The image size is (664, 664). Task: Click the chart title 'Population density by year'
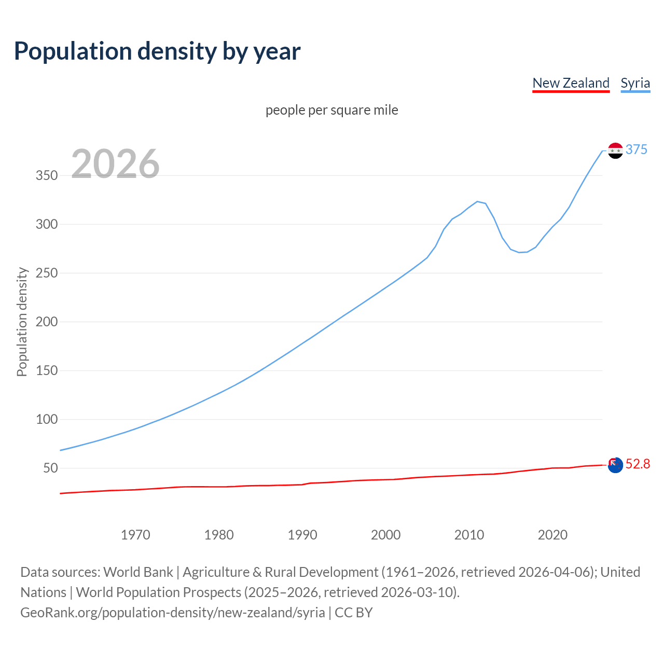pyautogui.click(x=157, y=51)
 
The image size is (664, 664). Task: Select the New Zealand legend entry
pyautogui.click(x=571, y=83)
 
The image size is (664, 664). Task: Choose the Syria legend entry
pyautogui.click(x=635, y=83)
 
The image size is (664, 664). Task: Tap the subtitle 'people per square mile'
pyautogui.click(x=332, y=110)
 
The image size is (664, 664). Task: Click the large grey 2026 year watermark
pyautogui.click(x=115, y=164)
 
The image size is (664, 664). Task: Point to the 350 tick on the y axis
pyautogui.click(x=47, y=175)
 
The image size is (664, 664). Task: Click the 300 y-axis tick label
pyautogui.click(x=47, y=224)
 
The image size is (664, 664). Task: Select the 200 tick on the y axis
pyautogui.click(x=47, y=322)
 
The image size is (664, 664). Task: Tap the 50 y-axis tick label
pyautogui.click(x=50, y=468)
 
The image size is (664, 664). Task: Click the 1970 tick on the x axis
pyautogui.click(x=135, y=535)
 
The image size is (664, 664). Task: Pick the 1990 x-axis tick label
pyautogui.click(x=302, y=535)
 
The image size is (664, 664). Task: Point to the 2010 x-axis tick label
pyautogui.click(x=469, y=535)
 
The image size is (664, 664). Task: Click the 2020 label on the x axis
pyautogui.click(x=552, y=535)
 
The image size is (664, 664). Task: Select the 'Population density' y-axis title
pyautogui.click(x=22, y=322)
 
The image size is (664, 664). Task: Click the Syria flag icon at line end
pyautogui.click(x=615, y=150)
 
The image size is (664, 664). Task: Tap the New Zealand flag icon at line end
pyautogui.click(x=615, y=465)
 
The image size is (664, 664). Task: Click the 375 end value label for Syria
pyautogui.click(x=637, y=149)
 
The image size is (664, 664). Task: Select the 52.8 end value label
pyautogui.click(x=638, y=464)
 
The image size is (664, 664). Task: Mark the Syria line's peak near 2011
pyautogui.click(x=477, y=201)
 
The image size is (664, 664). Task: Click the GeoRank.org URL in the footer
pyautogui.click(x=173, y=613)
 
